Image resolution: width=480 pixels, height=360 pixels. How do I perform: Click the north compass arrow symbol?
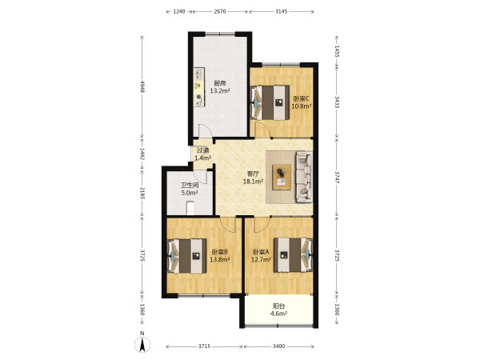click(142, 345)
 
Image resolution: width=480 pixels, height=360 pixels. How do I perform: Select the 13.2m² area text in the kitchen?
click(220, 90)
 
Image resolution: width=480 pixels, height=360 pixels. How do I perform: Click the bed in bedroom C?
click(270, 102)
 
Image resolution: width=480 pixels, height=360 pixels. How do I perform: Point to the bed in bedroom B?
click(186, 256)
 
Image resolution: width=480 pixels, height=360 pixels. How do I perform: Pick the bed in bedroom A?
click(293, 254)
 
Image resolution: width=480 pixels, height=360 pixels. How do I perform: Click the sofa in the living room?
click(304, 177)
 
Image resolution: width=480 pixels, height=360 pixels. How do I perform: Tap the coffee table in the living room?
click(282, 177)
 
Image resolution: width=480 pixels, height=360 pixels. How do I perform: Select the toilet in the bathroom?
click(190, 207)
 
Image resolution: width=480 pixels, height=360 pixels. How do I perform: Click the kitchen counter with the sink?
click(199, 87)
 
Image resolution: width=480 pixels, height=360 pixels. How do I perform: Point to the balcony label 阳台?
click(278, 306)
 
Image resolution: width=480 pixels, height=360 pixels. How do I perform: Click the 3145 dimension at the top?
click(282, 12)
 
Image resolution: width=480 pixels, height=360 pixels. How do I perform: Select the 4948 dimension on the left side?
click(142, 86)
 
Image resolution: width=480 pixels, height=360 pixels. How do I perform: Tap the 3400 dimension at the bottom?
click(278, 346)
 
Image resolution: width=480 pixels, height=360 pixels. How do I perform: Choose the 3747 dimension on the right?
click(337, 178)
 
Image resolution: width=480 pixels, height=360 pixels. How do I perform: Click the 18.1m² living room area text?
click(253, 182)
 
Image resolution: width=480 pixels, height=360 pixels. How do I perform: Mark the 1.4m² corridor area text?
click(203, 158)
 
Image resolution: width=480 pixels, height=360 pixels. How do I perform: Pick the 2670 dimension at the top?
click(220, 12)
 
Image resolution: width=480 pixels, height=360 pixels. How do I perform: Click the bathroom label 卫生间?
click(190, 186)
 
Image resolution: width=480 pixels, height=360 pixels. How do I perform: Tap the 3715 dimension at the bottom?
click(204, 346)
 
